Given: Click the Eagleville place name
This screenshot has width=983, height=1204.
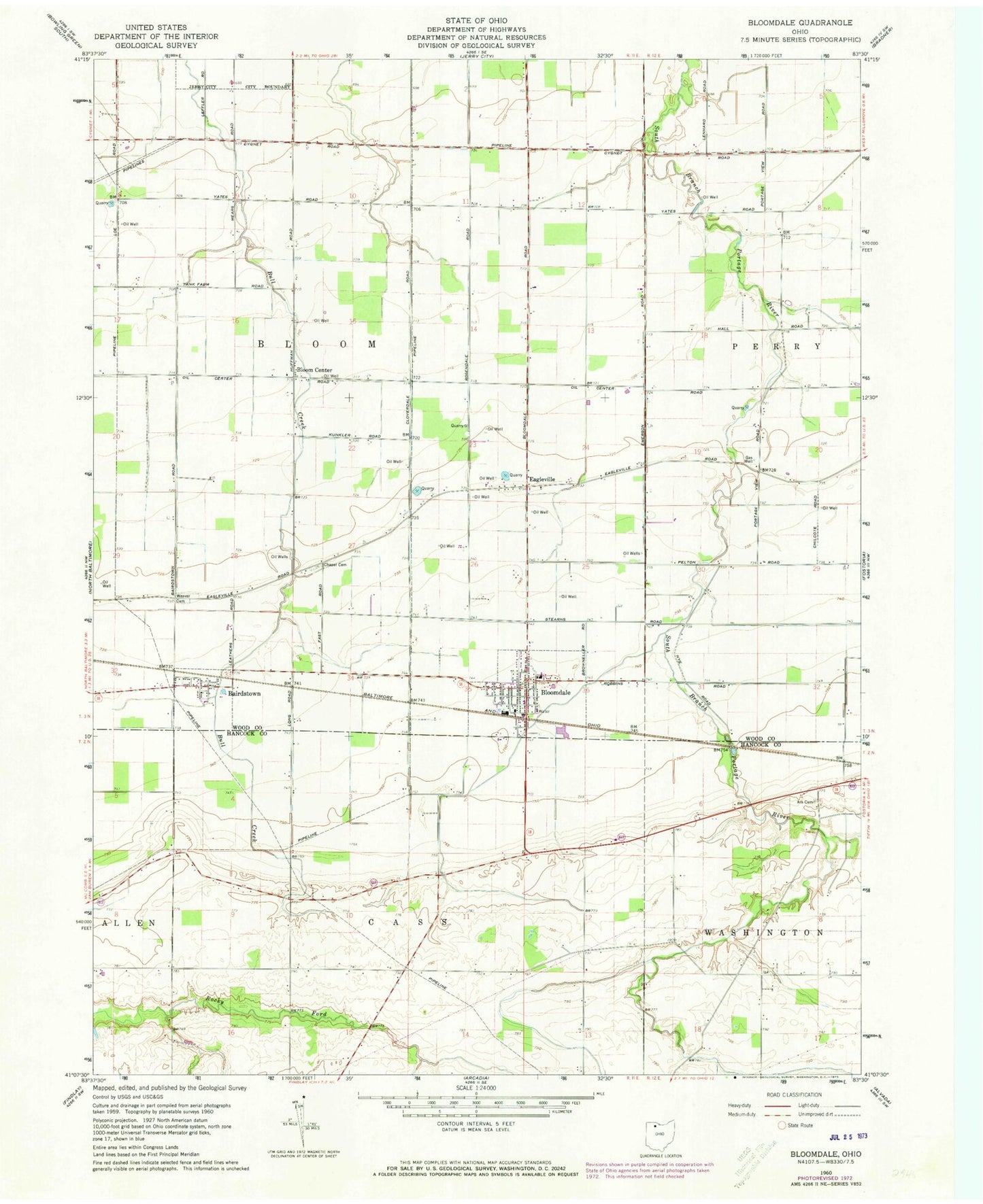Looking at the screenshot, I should click(x=542, y=479).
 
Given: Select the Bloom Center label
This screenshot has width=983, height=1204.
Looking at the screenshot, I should click(x=314, y=371).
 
